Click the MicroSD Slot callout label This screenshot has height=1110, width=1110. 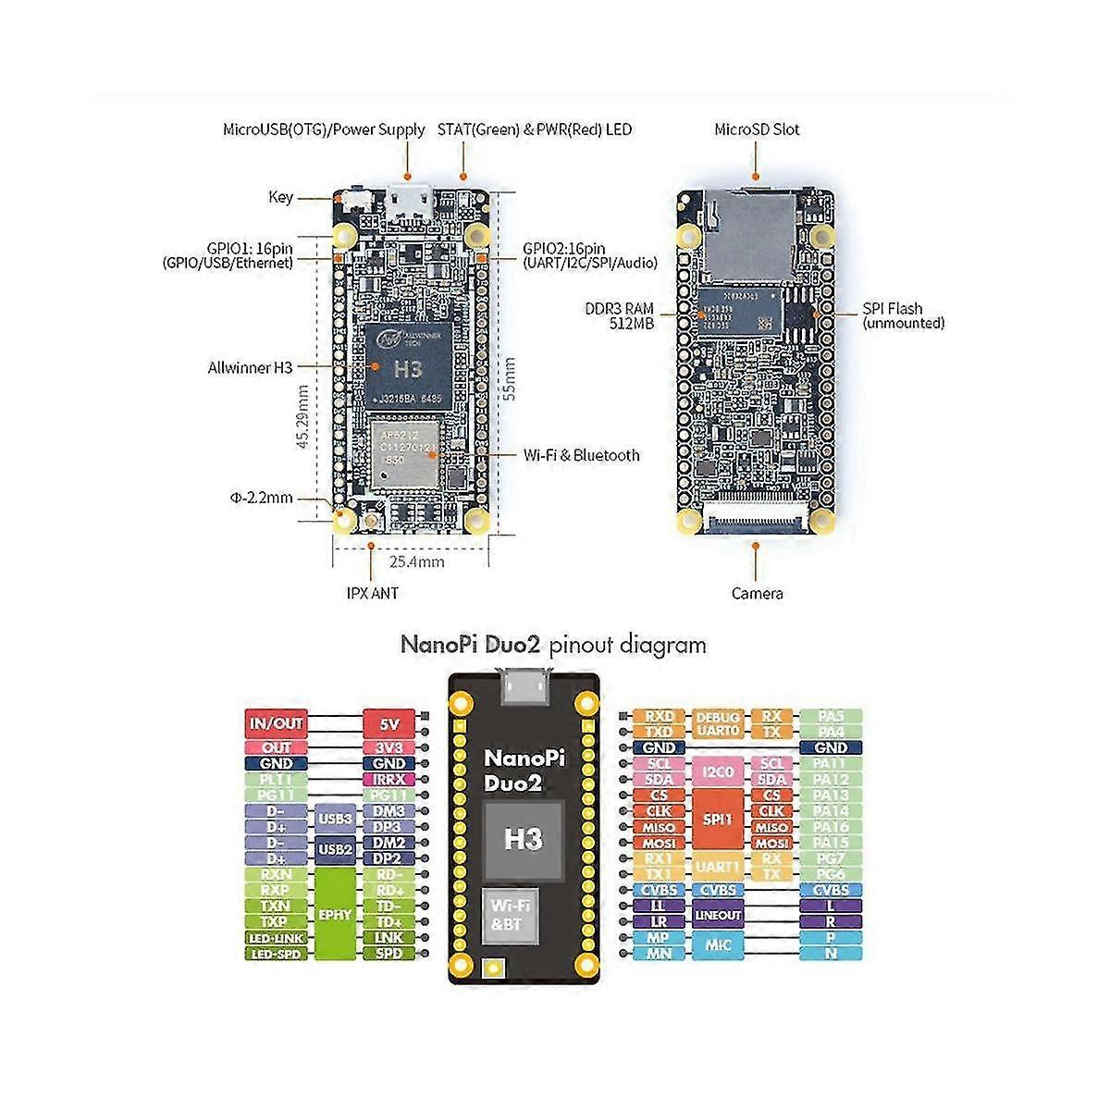click(x=757, y=129)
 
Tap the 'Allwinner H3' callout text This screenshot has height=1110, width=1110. click(x=250, y=367)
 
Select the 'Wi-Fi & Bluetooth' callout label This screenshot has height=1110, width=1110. click(x=581, y=454)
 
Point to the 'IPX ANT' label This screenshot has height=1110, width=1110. click(x=372, y=592)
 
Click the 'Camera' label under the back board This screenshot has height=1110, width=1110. click(x=757, y=593)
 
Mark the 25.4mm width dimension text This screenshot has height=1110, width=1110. click(x=416, y=561)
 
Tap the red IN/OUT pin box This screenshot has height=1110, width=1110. click(x=277, y=723)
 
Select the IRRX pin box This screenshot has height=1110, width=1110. click(x=388, y=780)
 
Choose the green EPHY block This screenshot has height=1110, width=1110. click(x=335, y=914)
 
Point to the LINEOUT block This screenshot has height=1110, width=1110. click(x=718, y=915)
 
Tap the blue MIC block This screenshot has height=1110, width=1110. click(x=718, y=944)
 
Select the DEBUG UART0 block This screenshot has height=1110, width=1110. click(x=718, y=723)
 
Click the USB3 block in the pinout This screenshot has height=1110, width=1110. click(x=335, y=819)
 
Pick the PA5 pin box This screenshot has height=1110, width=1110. click(x=831, y=716)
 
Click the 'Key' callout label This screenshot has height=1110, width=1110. click(x=280, y=196)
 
